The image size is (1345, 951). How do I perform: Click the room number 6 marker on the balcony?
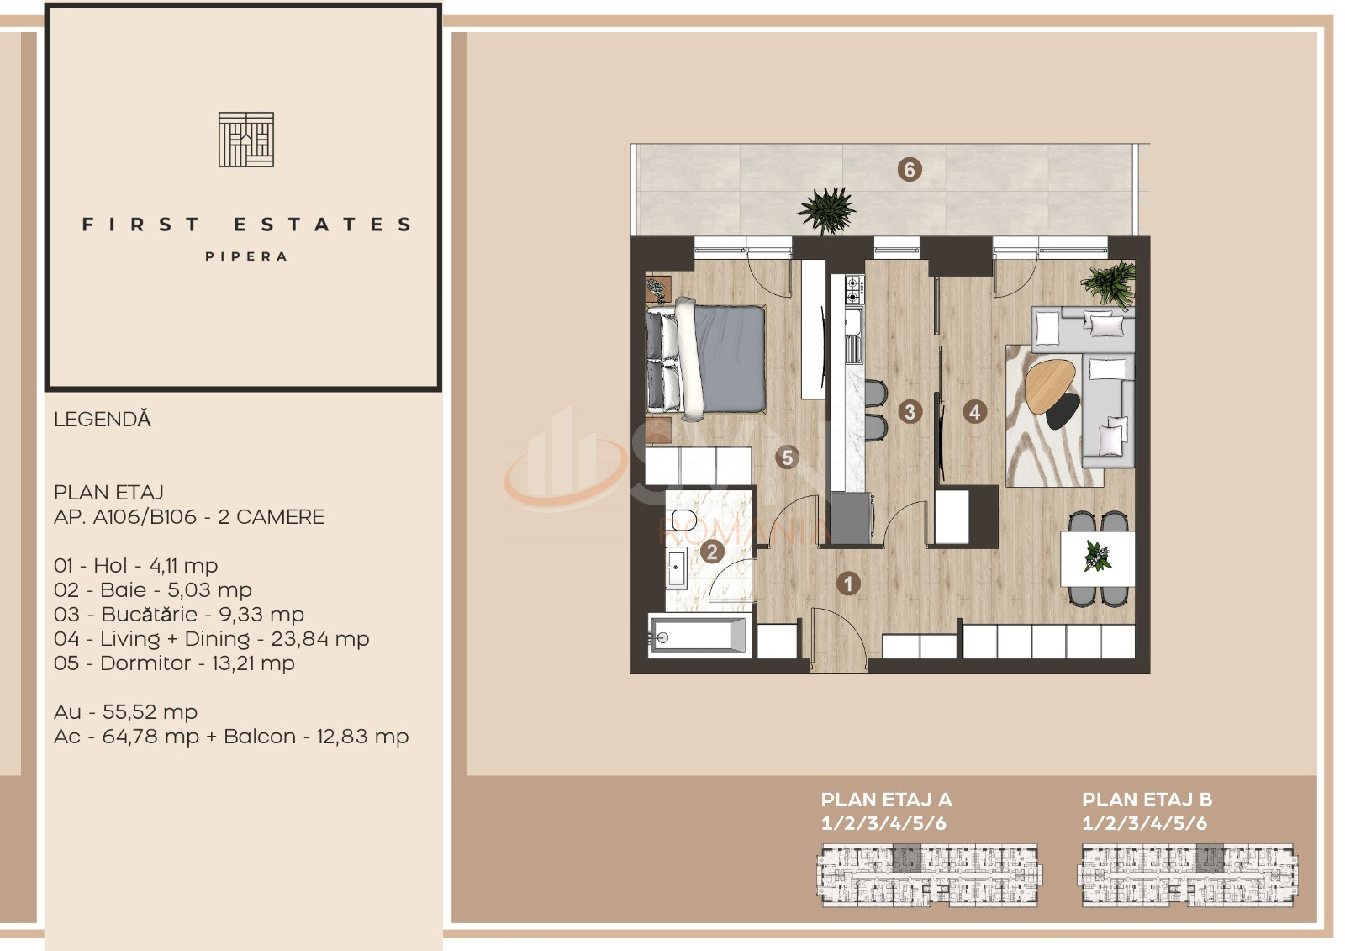click(909, 170)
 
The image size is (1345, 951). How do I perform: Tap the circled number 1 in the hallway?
click(848, 583)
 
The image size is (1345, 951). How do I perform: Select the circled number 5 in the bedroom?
click(787, 457)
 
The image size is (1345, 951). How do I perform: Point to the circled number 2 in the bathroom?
click(712, 552)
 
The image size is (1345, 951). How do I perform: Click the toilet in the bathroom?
click(683, 519)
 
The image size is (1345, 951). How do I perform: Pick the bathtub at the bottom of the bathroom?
click(699, 634)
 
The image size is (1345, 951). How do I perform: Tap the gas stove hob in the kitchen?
click(854, 290)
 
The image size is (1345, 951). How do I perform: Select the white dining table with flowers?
click(1098, 558)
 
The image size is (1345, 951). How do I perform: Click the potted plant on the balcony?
click(827, 210)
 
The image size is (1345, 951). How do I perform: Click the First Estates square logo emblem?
click(246, 140)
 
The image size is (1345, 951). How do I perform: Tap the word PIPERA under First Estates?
click(246, 256)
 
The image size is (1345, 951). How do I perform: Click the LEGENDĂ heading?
click(102, 420)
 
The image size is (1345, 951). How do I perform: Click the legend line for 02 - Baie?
click(152, 590)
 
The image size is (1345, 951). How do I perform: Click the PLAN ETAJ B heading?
click(1147, 800)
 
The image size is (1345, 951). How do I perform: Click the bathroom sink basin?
click(678, 567)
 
